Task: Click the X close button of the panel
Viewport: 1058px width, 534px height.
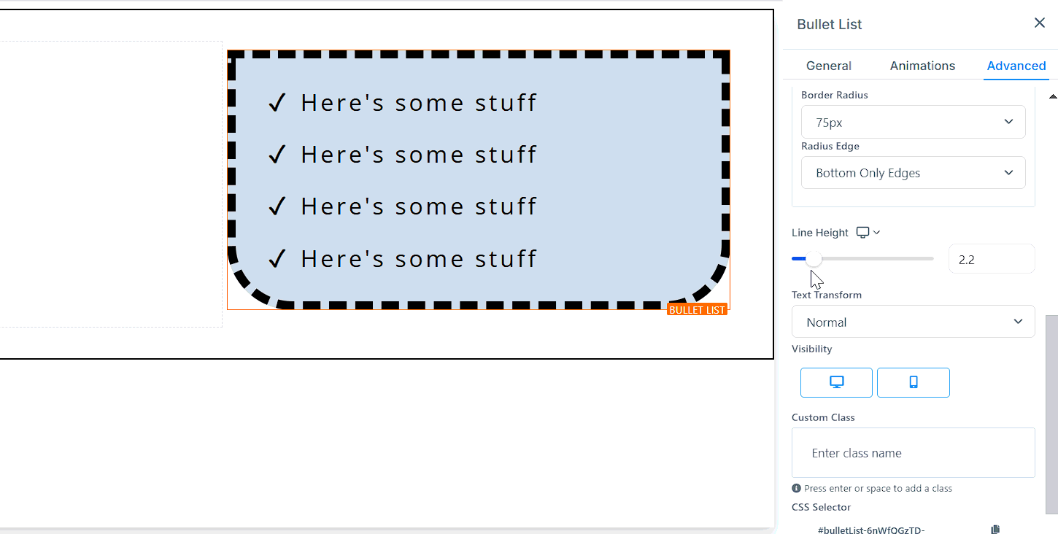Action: click(1040, 23)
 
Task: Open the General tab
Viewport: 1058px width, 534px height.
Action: click(828, 66)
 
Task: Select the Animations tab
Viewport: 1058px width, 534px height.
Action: click(922, 66)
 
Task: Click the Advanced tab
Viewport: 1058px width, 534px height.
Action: click(1016, 66)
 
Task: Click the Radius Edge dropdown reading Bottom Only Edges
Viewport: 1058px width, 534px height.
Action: click(913, 173)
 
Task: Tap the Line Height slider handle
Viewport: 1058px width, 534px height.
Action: click(814, 259)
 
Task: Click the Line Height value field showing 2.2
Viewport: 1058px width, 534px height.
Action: click(991, 259)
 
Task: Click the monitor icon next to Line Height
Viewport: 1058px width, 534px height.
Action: click(862, 233)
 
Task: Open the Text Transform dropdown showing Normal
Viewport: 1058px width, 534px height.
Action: click(913, 322)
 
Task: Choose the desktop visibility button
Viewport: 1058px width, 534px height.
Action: click(836, 382)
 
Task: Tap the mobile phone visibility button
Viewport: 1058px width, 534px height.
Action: click(913, 382)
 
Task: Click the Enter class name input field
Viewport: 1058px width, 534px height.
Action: click(913, 453)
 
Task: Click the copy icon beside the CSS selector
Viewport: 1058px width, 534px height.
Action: click(995, 530)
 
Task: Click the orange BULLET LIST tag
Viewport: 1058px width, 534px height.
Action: click(697, 310)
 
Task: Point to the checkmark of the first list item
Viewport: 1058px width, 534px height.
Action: click(277, 103)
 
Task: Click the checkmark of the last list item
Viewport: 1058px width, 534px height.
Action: click(277, 258)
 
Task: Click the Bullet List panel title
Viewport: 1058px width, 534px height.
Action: click(829, 24)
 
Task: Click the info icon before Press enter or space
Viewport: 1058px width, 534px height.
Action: click(796, 489)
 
